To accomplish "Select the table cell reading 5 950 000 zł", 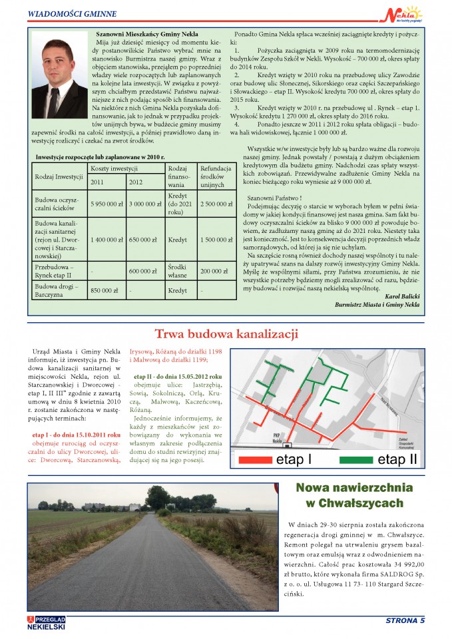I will [107, 203].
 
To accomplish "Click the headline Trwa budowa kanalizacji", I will [226, 333].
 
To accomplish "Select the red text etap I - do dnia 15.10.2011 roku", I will [77, 434].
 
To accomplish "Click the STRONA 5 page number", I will [405, 622].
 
